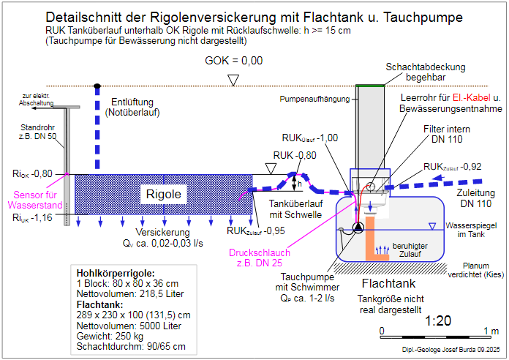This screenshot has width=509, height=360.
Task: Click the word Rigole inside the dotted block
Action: pyautogui.click(x=165, y=195)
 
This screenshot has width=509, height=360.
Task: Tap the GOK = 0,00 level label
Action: pyautogui.click(x=233, y=61)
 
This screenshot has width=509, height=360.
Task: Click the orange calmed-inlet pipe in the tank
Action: pyautogui.click(x=374, y=238)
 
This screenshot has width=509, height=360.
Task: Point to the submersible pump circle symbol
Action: pyautogui.click(x=358, y=228)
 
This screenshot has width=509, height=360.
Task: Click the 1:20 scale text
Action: pyautogui.click(x=437, y=320)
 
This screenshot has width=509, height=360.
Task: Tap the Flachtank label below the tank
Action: pyautogui.click(x=390, y=283)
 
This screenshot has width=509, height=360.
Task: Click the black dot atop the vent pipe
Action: pyautogui.click(x=97, y=87)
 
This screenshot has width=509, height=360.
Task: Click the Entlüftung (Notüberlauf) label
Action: pyautogui.click(x=132, y=108)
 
